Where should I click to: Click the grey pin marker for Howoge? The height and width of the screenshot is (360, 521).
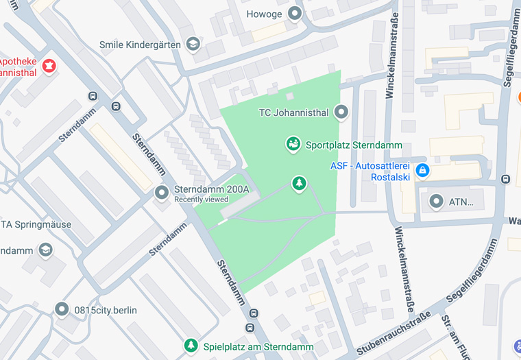tap(295, 13)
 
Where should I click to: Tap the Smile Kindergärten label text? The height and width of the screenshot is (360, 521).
tap(140, 45)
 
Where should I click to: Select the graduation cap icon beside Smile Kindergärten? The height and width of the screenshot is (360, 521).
tap(193, 44)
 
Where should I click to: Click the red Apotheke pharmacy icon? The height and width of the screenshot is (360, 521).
tap(49, 66)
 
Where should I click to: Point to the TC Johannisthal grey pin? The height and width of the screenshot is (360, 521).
tap(341, 112)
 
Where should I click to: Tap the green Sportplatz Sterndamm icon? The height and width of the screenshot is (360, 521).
tap(293, 145)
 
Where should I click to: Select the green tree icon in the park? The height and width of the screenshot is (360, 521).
tap(298, 183)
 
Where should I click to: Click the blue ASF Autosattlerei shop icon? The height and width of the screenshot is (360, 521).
tap(422, 170)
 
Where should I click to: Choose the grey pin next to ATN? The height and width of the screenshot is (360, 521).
tap(436, 202)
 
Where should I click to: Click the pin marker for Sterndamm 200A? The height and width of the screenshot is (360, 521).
tap(162, 193)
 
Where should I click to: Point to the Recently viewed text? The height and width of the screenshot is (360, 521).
tap(202, 200)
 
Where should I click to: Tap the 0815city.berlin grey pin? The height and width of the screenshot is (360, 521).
tap(62, 310)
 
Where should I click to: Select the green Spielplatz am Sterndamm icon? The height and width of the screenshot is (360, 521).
tap(192, 346)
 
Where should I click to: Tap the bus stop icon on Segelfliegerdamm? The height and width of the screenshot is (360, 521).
tap(506, 179)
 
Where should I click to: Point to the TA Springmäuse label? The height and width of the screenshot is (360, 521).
tap(27, 224)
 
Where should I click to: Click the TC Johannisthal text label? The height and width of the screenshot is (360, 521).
tap(294, 112)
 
